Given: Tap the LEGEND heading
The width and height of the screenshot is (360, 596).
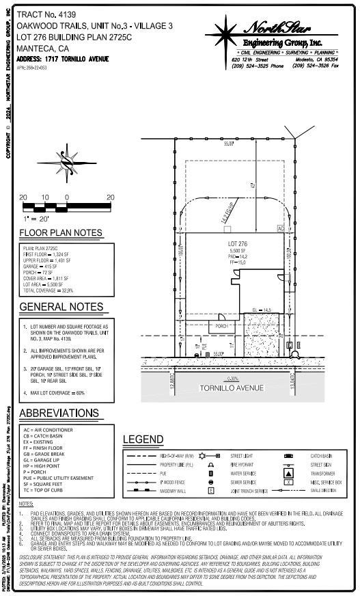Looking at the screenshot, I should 143,439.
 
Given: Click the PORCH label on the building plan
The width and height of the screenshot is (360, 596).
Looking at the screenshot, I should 221,326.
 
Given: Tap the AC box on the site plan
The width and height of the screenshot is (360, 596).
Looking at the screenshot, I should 280,228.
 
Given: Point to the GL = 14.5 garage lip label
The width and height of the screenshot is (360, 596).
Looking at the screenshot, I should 262,310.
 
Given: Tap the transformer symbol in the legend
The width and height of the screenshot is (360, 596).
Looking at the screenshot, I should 288,472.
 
